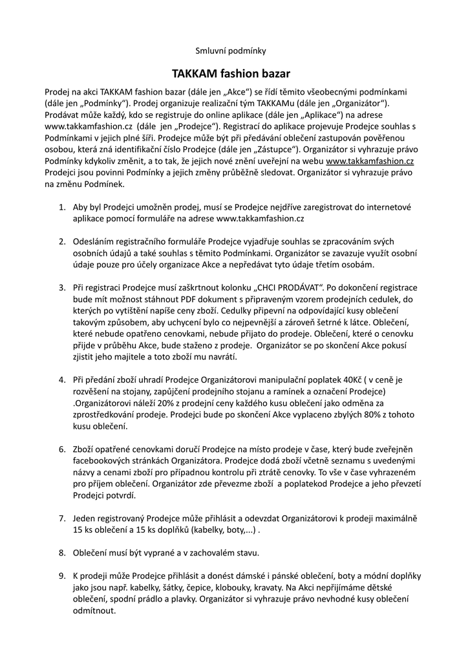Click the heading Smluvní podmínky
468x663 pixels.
231,51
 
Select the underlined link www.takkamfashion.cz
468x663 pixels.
370,161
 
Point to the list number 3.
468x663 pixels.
62,287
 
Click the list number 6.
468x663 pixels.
62,449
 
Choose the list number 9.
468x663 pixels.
62,576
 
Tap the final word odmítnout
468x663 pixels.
94,611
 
